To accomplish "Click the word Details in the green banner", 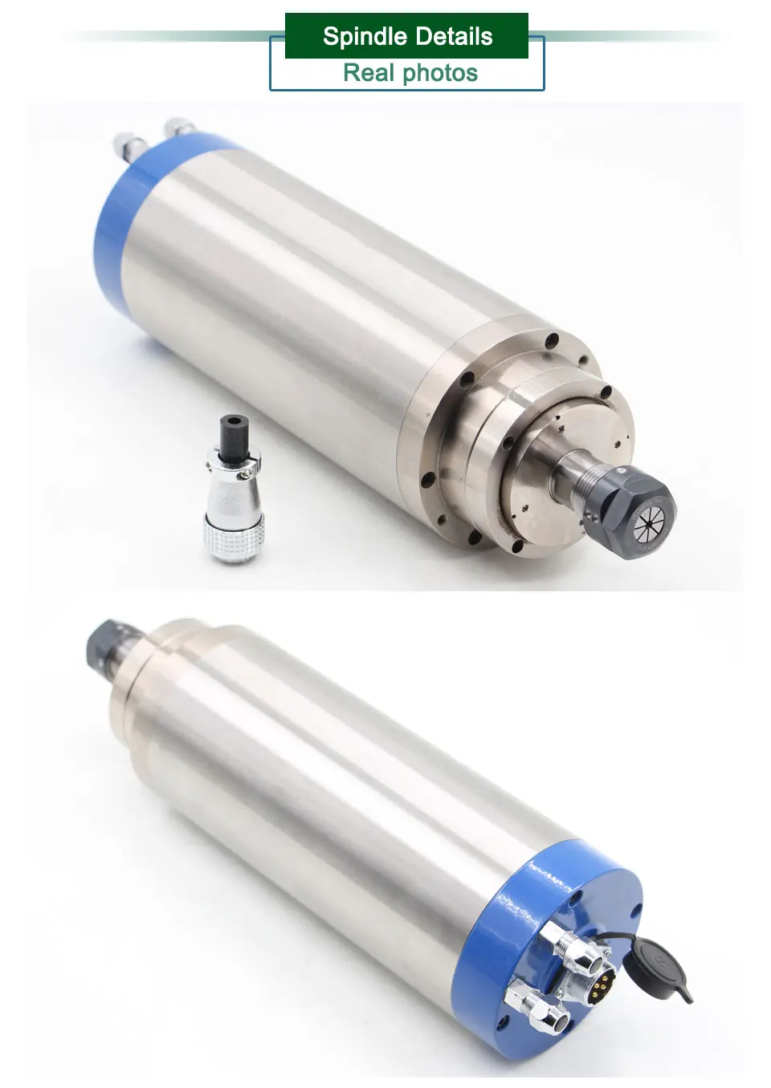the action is pyautogui.click(x=455, y=36).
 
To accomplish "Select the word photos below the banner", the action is pyautogui.click(x=440, y=74).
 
